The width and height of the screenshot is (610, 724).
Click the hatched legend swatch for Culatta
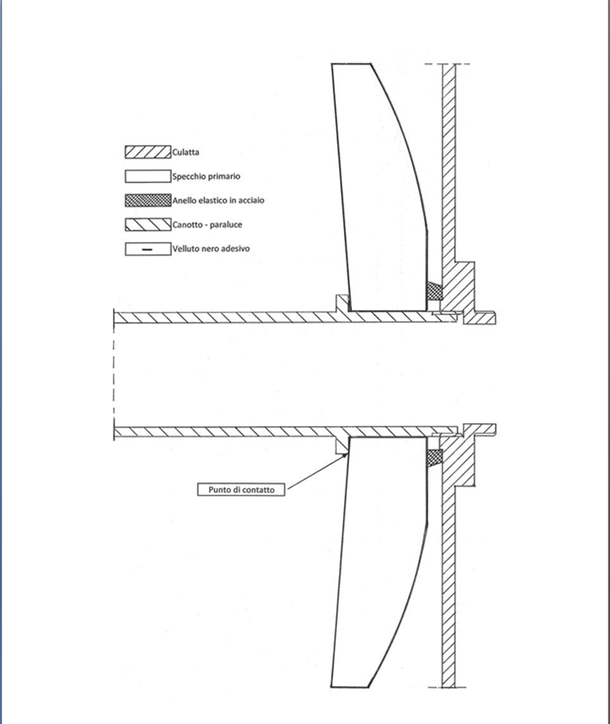click(148, 152)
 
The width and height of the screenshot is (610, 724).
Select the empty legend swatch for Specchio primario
click(148, 176)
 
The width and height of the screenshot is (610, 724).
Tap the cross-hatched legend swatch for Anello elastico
click(148, 200)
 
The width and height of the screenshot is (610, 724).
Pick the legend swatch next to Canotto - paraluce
click(148, 224)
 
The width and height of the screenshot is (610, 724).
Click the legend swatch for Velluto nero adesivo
click(148, 249)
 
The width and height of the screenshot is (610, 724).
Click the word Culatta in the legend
click(186, 152)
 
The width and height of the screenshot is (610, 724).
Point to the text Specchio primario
click(206, 176)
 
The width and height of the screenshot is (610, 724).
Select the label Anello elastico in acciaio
click(219, 200)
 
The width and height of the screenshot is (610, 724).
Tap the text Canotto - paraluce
click(207, 225)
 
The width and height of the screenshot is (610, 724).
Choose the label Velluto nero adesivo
click(211, 249)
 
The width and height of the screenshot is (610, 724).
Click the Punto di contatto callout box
click(241, 489)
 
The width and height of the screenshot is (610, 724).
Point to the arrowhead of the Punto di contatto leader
click(347, 453)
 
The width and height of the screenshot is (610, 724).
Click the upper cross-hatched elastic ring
click(434, 290)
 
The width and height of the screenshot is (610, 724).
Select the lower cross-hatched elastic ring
click(434, 457)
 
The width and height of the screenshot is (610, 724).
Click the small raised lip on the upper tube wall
click(342, 303)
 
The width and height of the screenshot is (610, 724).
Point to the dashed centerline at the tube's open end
click(114, 375)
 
